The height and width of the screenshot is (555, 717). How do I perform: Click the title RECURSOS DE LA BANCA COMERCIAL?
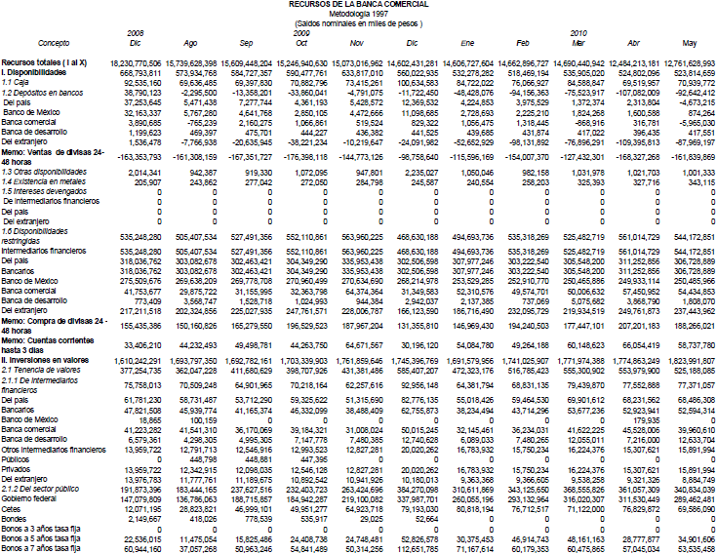tap(357, 4)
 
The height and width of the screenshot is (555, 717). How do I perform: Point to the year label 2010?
tap(579, 33)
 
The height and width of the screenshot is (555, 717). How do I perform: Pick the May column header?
tap(690, 44)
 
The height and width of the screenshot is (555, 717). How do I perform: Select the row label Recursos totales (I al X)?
tap(43, 62)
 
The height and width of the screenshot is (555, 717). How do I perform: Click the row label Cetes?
tap(12, 508)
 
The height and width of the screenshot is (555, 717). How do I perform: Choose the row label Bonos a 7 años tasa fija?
tap(42, 549)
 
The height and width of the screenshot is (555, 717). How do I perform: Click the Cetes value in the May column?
tap(694, 508)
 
